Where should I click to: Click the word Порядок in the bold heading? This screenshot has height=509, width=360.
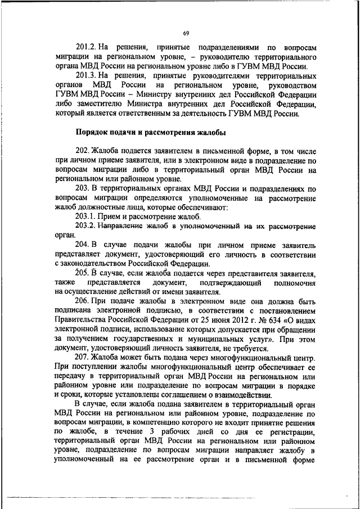pos(92,133)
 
